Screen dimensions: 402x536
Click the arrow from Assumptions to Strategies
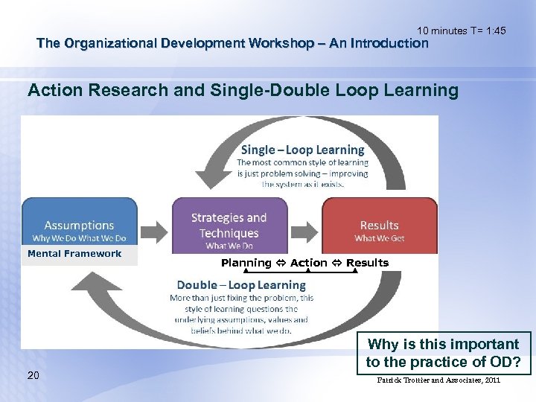[154, 226]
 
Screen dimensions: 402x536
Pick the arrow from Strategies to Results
[303, 226]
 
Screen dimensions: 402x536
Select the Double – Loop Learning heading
[241, 285]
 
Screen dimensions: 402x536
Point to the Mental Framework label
[74, 254]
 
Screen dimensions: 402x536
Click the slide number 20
[33, 375]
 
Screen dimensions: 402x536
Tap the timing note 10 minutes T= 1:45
[461, 31]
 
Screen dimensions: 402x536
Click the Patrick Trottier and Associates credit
[439, 380]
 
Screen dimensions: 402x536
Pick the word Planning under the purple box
[246, 263]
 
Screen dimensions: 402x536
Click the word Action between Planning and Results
[308, 263]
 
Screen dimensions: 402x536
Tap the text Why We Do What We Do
[79, 238]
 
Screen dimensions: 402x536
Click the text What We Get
[379, 238]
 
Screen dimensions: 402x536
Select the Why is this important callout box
[443, 353]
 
